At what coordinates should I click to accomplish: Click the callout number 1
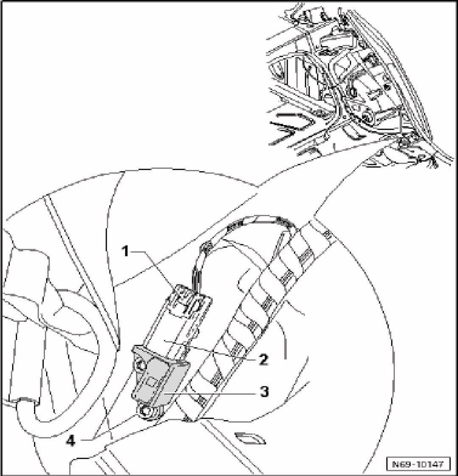pyautogui.click(x=125, y=251)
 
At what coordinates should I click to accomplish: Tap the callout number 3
pyautogui.click(x=264, y=391)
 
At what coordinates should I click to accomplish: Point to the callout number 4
pyautogui.click(x=70, y=441)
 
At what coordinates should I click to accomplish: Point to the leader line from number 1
pyautogui.click(x=155, y=263)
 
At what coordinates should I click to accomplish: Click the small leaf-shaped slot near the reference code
pyautogui.click(x=250, y=440)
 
